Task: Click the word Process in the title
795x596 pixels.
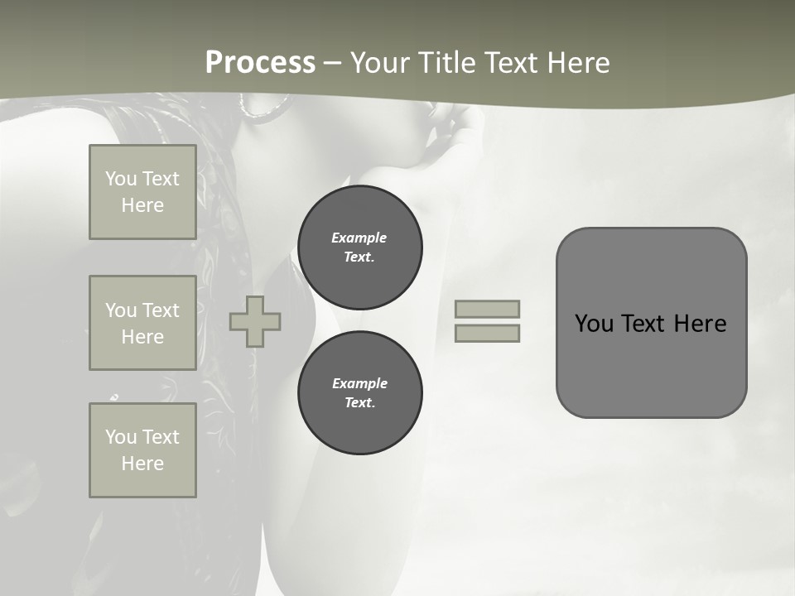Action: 260,63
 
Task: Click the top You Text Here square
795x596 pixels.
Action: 142,192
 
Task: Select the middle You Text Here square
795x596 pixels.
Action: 142,323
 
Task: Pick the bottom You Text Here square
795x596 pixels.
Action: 142,450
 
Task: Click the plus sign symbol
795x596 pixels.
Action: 255,321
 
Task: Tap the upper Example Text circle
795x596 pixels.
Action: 359,248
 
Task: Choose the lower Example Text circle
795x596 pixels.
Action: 359,393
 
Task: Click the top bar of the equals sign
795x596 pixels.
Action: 488,309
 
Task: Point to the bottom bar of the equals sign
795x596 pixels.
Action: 488,333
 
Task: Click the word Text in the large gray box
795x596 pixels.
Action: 643,324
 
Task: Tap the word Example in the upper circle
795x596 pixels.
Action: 359,238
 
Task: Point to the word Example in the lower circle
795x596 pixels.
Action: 359,383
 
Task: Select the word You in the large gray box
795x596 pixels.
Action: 595,324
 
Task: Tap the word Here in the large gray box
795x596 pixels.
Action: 701,324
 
